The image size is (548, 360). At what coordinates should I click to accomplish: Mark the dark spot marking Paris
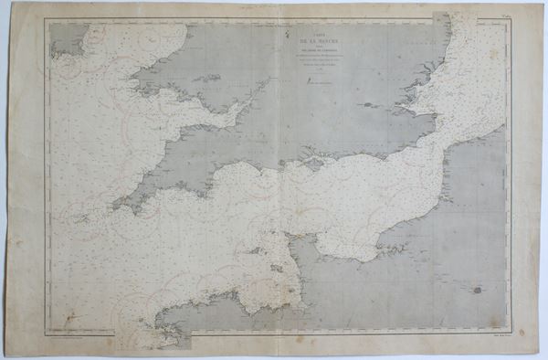477,290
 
